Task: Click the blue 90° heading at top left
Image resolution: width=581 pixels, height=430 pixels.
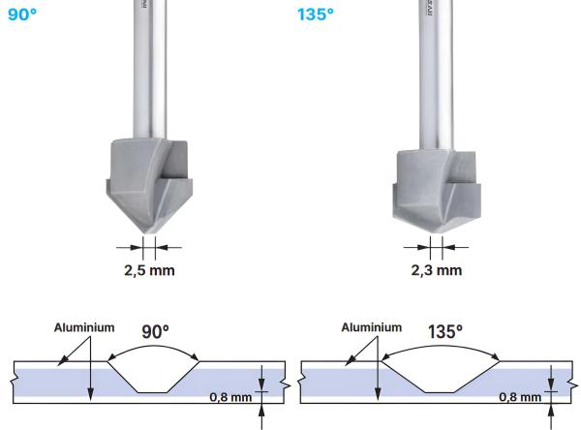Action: [x=21, y=15]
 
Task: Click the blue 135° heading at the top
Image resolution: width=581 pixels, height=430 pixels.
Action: [x=317, y=15]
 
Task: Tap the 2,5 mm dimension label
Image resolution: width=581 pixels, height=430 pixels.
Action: [x=148, y=268]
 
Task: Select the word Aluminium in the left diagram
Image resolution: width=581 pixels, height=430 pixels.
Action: [x=83, y=328]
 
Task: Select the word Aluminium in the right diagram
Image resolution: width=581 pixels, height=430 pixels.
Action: [x=371, y=327]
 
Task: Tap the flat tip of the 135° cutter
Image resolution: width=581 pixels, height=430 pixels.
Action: [x=435, y=225]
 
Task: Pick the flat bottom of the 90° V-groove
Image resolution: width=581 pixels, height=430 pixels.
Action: [x=152, y=392]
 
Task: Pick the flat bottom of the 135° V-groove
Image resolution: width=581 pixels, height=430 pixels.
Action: [x=441, y=392]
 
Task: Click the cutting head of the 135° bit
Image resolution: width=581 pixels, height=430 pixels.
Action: [x=433, y=184]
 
